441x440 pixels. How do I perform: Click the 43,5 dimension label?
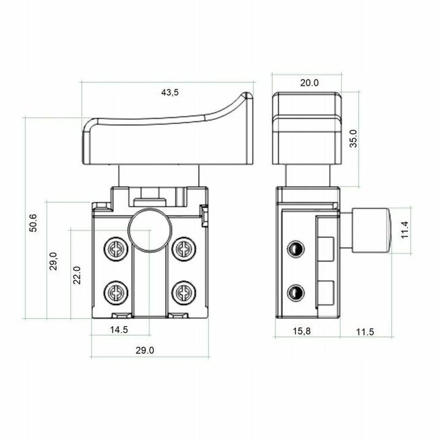click(x=170, y=92)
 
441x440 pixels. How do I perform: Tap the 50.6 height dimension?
click(x=33, y=223)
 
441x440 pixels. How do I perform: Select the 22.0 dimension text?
click(x=77, y=276)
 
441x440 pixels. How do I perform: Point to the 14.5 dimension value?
click(x=119, y=329)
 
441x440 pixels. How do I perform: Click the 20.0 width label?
click(x=310, y=83)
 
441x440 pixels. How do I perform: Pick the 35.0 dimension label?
click(x=353, y=139)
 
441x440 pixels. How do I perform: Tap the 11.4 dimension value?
click(x=405, y=230)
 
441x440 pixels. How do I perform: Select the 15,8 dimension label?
click(x=302, y=331)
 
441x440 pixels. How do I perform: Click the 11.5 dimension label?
click(x=365, y=332)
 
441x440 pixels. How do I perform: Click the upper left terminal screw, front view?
click(x=116, y=249)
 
